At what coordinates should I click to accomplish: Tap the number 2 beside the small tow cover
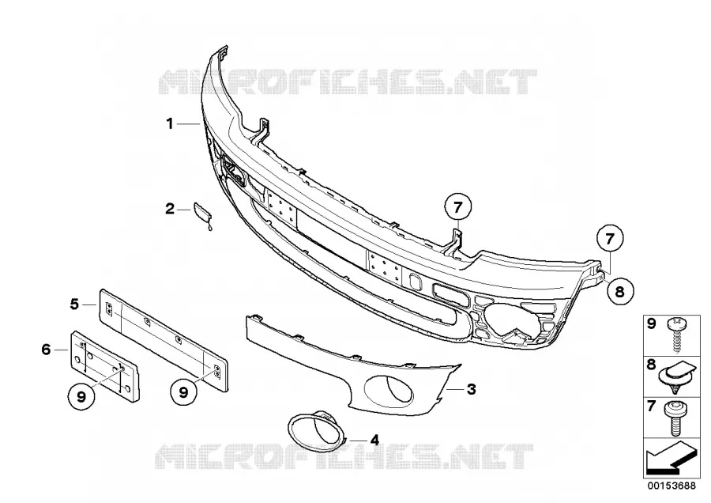coord(170,209)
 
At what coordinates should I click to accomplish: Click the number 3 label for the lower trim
coord(471,389)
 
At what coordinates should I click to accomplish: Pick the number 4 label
coord(374,440)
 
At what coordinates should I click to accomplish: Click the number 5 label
coord(74,304)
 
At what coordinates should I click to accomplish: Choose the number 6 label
coord(46,350)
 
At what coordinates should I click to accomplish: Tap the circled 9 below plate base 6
coord(81,396)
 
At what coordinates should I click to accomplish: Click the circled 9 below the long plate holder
coord(183,391)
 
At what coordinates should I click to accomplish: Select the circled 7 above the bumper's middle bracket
coord(457,207)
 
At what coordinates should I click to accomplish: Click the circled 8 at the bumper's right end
coord(619,291)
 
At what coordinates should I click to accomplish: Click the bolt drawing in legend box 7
coord(675,418)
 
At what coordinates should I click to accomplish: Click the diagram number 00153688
coord(671,486)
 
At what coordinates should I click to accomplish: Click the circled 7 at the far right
coord(609,238)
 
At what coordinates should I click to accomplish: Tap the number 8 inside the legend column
coord(651,364)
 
